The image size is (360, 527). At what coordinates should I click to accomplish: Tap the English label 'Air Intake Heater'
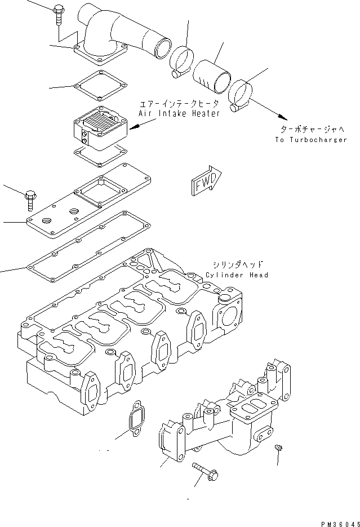pos(179,113)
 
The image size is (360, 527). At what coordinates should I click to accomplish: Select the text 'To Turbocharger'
pos(312,140)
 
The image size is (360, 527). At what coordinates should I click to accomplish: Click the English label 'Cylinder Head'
pos(237,275)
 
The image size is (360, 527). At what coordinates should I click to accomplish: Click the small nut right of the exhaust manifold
pos(278,448)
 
